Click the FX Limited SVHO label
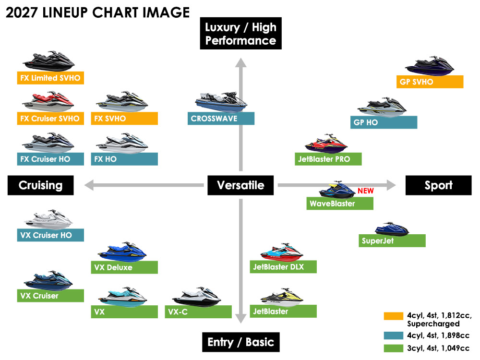tap(50, 78)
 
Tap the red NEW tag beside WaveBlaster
tap(365, 191)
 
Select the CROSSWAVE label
tap(221, 119)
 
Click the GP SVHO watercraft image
tap(430, 66)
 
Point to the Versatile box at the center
tap(240, 185)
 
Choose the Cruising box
tap(41, 185)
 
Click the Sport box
tap(438, 185)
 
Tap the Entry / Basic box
tap(241, 342)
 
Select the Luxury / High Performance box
tap(241, 34)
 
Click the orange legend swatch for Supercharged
tap(394, 316)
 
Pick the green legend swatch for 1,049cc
tap(394, 348)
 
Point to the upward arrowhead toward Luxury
tap(241, 62)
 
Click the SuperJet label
tap(392, 240)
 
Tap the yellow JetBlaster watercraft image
tap(282, 297)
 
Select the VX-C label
tap(198, 312)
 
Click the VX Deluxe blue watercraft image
tap(122, 252)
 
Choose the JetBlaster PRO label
tap(328, 159)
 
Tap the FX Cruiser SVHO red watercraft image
tap(48, 101)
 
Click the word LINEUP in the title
tap(65, 12)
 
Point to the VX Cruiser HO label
tap(50, 235)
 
